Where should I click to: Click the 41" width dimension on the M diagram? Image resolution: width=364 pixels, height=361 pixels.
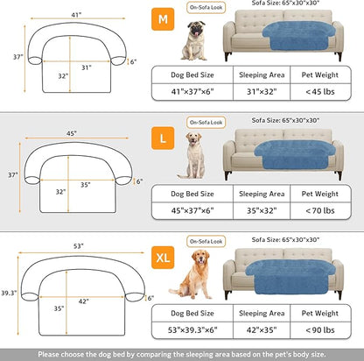[76, 15]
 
